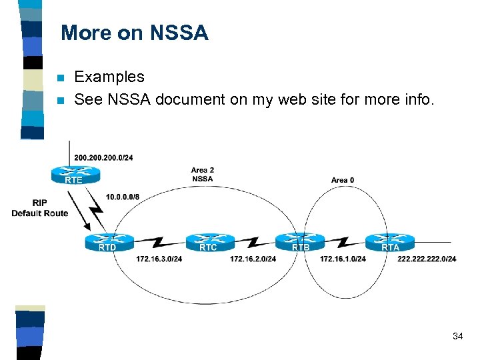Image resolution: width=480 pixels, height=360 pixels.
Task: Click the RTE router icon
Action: [74, 175]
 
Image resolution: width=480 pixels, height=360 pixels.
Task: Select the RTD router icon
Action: [109, 242]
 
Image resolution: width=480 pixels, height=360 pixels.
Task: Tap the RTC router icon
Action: [209, 242]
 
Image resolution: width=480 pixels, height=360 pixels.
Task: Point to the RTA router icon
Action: [389, 242]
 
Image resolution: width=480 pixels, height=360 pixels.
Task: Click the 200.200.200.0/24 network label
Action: [103, 158]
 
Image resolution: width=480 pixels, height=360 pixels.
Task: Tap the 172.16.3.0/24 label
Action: [159, 259]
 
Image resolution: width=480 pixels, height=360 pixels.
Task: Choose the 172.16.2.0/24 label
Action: [253, 259]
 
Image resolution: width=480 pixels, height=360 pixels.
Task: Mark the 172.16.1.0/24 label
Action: [343, 259]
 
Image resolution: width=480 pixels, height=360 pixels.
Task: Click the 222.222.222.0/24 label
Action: [427, 259]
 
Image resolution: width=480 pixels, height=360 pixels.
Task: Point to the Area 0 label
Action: [343, 180]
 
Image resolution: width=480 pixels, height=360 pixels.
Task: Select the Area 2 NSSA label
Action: [202, 174]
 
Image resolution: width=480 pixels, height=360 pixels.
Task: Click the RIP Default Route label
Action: [39, 208]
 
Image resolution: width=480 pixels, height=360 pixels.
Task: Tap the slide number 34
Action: [457, 336]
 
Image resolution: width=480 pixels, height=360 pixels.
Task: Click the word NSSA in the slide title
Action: [179, 33]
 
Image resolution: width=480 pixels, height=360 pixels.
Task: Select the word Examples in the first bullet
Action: [109, 77]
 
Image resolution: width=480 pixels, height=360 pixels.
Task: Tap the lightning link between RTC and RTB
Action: [254, 241]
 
